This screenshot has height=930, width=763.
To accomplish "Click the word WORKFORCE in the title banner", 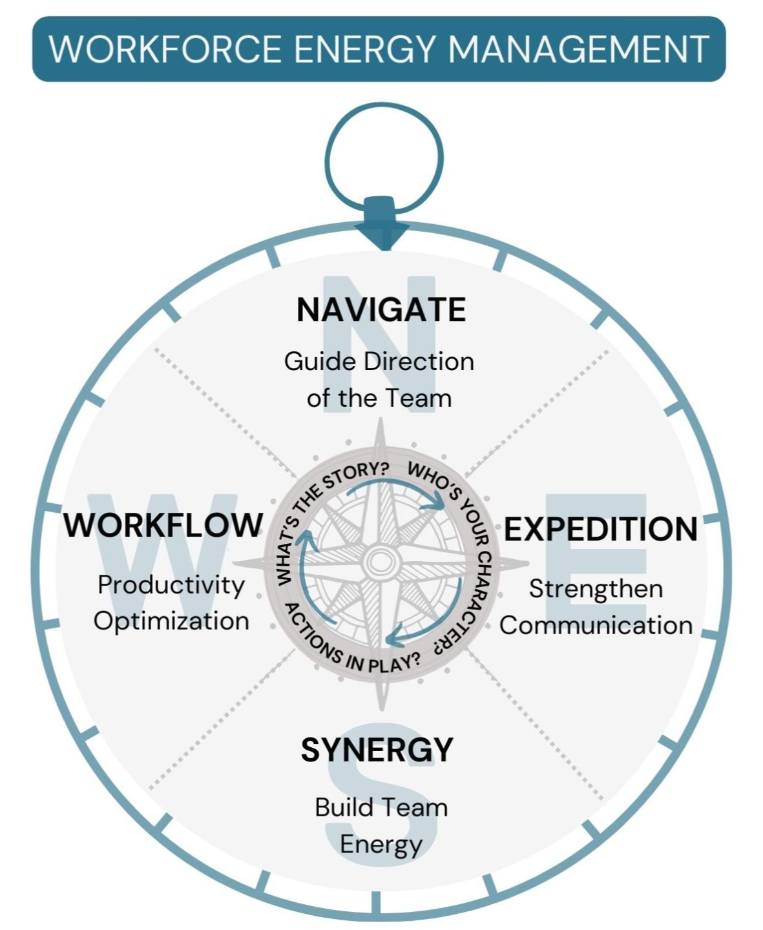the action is click(x=165, y=49).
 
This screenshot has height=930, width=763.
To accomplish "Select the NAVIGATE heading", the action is click(x=381, y=309).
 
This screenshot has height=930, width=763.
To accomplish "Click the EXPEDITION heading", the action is click(x=601, y=529).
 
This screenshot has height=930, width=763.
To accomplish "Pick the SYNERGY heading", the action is click(x=377, y=750).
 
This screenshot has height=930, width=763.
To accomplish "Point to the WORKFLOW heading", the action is click(x=163, y=525).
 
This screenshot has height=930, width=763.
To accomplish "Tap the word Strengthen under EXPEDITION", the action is click(x=596, y=589).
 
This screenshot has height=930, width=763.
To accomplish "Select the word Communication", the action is click(x=596, y=625).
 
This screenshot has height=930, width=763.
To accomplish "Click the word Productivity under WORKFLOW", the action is click(x=171, y=585).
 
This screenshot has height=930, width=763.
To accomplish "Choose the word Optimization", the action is click(x=171, y=621).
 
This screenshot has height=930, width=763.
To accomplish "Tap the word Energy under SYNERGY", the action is click(x=381, y=845).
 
